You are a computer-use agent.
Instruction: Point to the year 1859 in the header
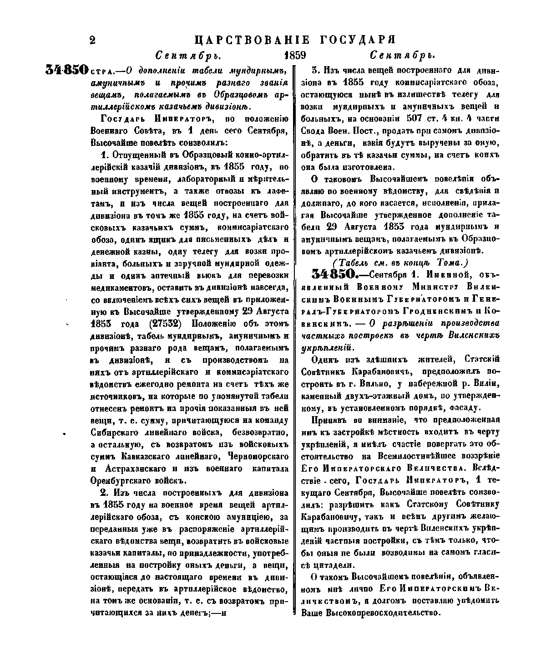[x=294, y=56]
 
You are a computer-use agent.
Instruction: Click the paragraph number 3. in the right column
[x=315, y=71]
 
